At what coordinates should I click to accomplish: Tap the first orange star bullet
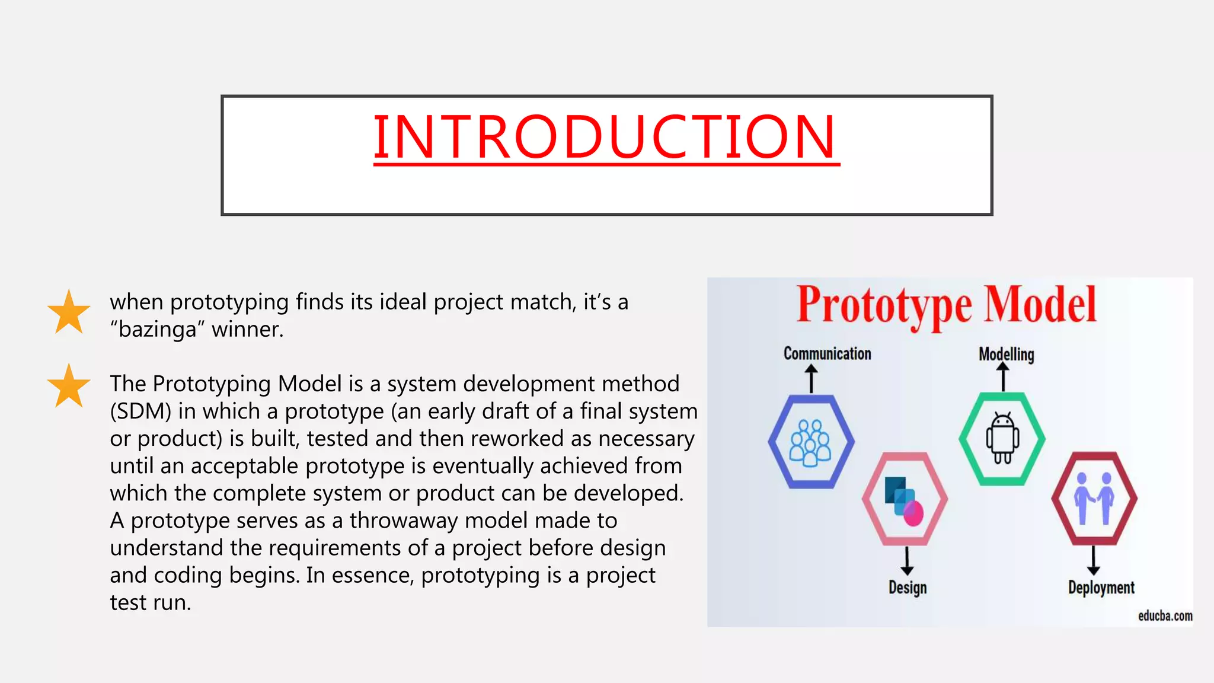(x=69, y=312)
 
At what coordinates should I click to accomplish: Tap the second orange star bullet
(x=69, y=386)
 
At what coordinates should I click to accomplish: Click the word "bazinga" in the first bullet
(x=157, y=330)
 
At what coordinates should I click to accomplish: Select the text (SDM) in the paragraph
(x=140, y=411)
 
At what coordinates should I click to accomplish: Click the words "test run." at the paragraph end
(x=151, y=602)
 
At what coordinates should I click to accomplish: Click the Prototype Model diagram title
(x=946, y=305)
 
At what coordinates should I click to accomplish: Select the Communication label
(x=827, y=354)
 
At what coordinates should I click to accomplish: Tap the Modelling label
(x=1006, y=355)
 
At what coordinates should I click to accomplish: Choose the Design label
(x=907, y=588)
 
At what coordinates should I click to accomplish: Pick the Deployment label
(x=1101, y=588)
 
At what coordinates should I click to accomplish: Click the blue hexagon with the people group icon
(x=811, y=442)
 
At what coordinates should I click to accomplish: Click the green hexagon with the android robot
(x=1002, y=439)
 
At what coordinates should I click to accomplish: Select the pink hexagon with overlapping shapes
(x=905, y=499)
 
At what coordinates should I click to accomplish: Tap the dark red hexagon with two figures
(x=1094, y=499)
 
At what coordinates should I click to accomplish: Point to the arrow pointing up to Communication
(x=812, y=378)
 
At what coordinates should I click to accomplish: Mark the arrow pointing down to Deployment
(x=1094, y=560)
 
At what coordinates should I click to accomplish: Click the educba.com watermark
(x=1165, y=616)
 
